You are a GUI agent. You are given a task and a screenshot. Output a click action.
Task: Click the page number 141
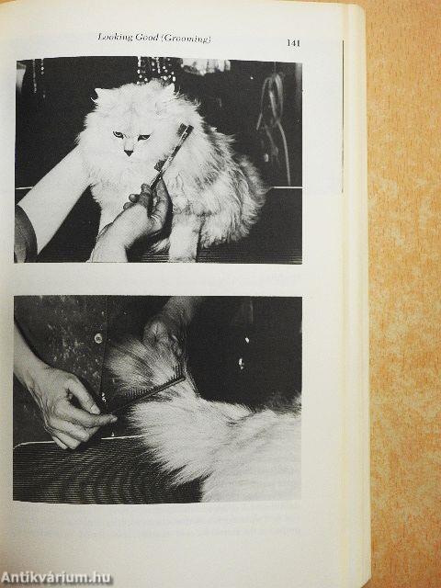tap(294, 42)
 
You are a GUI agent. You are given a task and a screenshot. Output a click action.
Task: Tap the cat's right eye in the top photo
tap(118, 134)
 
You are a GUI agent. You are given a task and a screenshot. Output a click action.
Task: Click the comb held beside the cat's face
tap(174, 153)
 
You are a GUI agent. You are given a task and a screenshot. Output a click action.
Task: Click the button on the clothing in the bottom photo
tap(98, 337)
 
